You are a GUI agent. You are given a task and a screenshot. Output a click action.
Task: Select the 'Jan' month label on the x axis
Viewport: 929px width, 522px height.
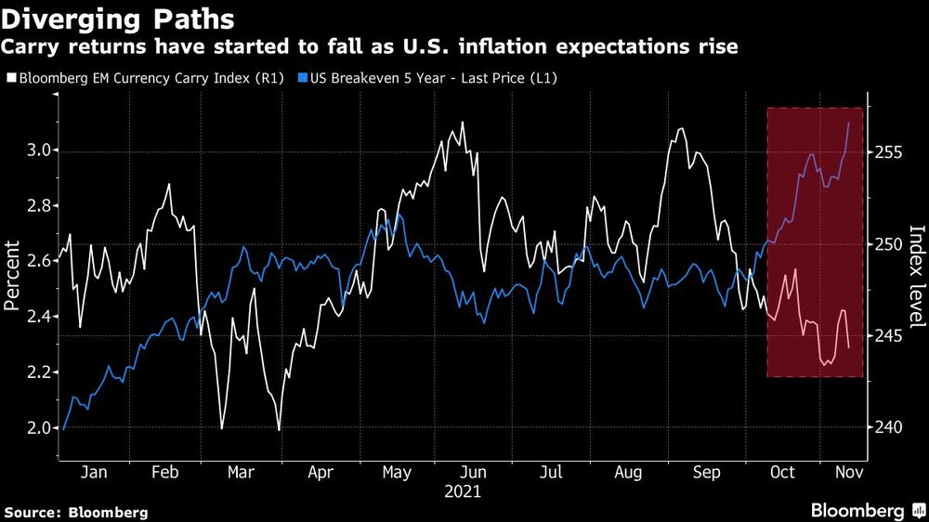click(94, 473)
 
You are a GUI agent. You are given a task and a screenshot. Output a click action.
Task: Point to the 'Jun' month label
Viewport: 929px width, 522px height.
click(474, 473)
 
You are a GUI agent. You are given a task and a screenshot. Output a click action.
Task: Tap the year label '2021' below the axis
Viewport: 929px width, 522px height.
click(462, 490)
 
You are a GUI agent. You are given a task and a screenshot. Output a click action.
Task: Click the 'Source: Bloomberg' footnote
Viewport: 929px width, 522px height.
click(76, 512)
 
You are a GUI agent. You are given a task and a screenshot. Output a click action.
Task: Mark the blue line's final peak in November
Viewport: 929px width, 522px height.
click(848, 122)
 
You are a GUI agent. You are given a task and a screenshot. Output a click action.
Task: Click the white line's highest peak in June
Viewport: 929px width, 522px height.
click(462, 122)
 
